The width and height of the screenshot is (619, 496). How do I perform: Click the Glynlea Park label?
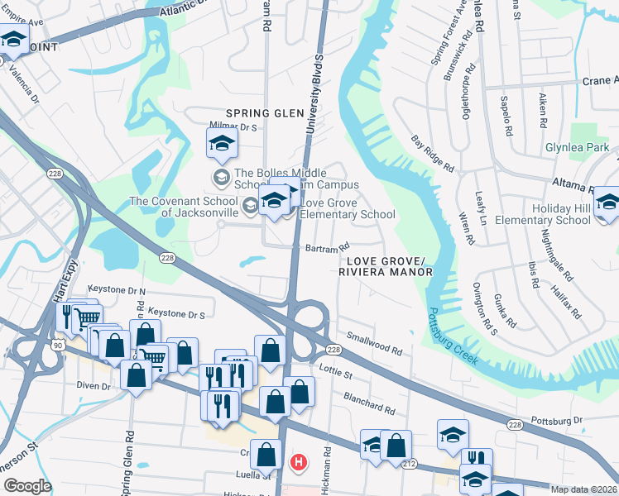(x=577, y=148)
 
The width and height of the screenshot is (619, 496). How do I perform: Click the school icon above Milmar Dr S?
(x=222, y=145)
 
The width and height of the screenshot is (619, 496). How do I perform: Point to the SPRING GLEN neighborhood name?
(x=260, y=112)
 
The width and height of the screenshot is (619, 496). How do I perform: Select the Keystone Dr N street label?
(x=123, y=291)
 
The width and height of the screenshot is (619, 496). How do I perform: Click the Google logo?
(x=27, y=486)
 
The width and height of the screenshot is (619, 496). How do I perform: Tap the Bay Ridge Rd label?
(x=433, y=155)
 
